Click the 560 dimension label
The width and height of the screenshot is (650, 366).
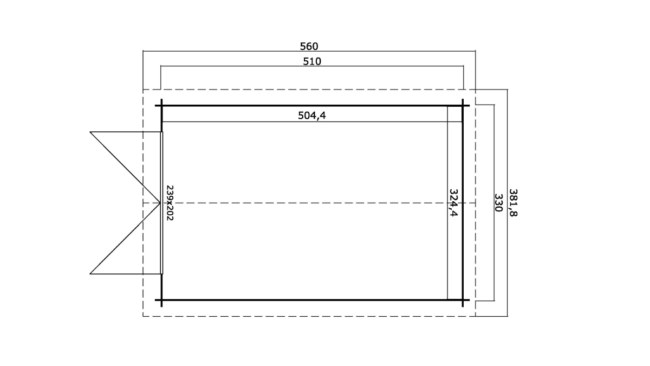(x=309, y=46)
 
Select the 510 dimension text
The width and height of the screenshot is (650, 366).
(x=312, y=61)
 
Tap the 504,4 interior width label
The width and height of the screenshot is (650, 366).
(x=312, y=115)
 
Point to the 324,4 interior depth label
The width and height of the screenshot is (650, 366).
(x=453, y=203)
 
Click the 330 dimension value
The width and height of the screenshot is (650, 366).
(x=498, y=203)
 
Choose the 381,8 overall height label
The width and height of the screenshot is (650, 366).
(x=513, y=203)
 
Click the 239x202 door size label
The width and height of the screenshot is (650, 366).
(x=170, y=203)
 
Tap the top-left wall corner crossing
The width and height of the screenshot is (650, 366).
(x=161, y=105)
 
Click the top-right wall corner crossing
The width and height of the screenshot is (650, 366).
(x=463, y=105)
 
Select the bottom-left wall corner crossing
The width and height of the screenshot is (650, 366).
(x=161, y=300)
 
